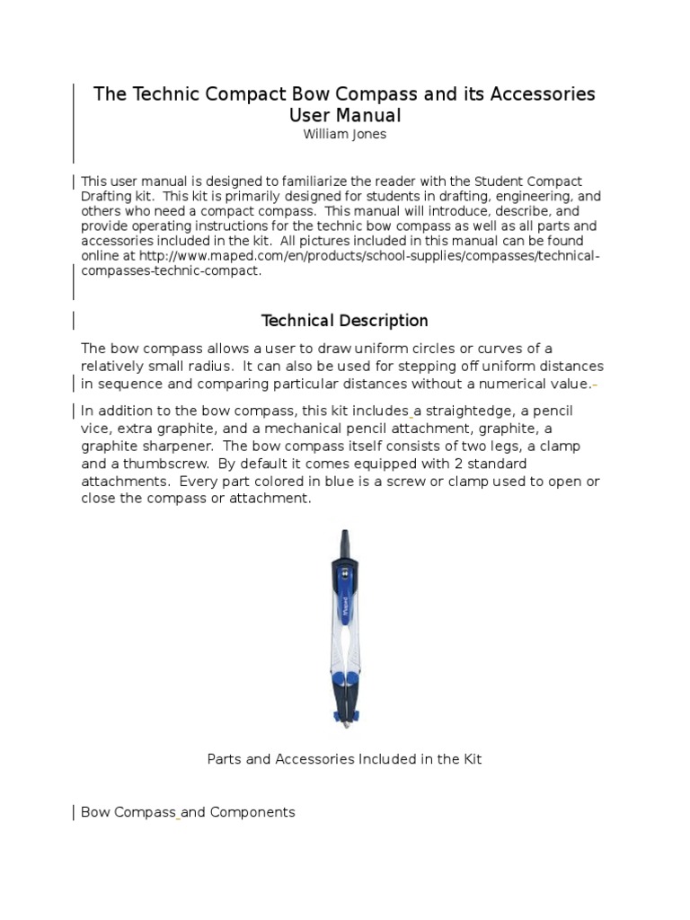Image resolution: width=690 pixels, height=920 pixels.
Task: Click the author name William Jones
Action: [x=344, y=135]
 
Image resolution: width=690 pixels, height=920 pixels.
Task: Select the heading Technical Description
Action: [x=344, y=321]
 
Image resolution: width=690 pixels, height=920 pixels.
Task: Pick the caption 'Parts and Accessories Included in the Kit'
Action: [x=344, y=759]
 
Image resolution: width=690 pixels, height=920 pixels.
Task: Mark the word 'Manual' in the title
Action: [x=368, y=116]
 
